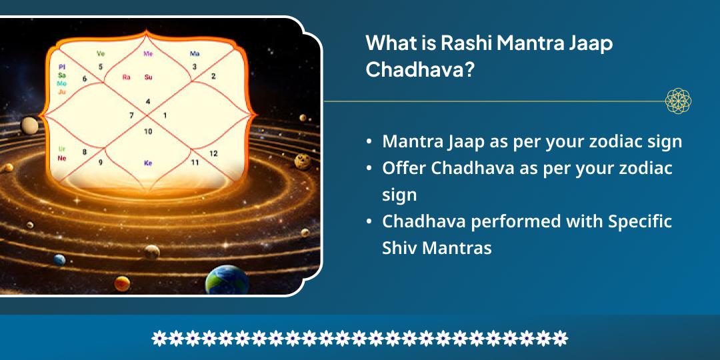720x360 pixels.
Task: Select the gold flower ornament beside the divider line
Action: click(678, 101)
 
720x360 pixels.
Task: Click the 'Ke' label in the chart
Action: click(148, 163)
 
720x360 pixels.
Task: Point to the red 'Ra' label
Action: click(126, 77)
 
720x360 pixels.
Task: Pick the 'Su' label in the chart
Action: click(148, 77)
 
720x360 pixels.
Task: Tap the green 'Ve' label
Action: click(101, 53)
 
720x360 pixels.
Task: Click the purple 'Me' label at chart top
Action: click(148, 53)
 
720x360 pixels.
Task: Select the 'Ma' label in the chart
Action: click(194, 53)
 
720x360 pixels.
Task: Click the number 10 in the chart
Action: click(148, 131)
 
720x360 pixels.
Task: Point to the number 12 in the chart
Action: click(213, 153)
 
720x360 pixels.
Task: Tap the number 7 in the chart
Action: click(131, 115)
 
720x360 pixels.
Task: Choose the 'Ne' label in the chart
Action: click(62, 158)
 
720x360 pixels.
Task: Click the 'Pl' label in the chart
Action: click(62, 67)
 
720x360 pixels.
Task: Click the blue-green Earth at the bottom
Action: click(227, 281)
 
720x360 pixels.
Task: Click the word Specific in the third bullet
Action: click(640, 221)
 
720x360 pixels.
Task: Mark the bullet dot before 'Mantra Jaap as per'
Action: click(369, 142)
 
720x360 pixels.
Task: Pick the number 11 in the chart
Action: click(195, 162)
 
